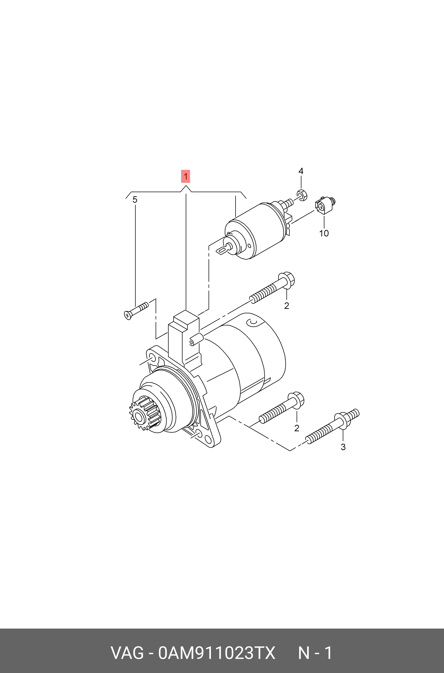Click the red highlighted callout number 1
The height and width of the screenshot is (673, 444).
(x=186, y=176)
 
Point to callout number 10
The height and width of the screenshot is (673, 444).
(x=324, y=233)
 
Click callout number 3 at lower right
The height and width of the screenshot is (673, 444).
(x=343, y=447)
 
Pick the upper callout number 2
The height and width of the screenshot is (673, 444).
(x=287, y=306)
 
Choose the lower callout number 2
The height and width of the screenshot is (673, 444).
(x=297, y=428)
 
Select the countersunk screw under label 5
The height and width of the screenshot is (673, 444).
(x=136, y=311)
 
